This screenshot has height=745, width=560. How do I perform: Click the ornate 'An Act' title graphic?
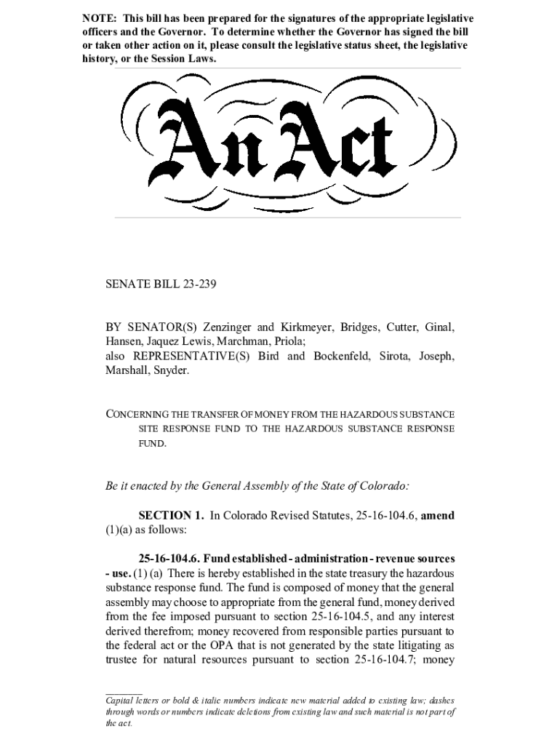[279, 143]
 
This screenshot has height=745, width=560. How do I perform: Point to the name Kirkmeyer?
[308, 327]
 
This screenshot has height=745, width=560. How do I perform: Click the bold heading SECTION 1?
[169, 516]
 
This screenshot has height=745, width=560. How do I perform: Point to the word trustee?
[123, 660]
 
